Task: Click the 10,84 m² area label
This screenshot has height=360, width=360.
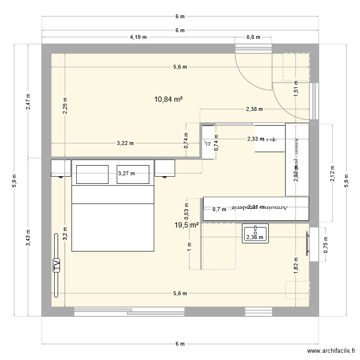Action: click(168, 99)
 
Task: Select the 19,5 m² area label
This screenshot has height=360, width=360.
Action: click(187, 225)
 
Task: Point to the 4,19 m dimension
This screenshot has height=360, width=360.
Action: click(138, 37)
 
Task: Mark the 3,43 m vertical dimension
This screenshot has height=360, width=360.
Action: click(28, 237)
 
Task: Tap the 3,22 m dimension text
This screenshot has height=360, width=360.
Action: click(125, 143)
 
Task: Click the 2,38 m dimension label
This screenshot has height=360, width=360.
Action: click(254, 109)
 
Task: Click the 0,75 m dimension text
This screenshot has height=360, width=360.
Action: click(326, 245)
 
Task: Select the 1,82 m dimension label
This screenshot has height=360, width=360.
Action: click(296, 264)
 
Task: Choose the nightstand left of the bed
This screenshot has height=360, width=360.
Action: click(60, 168)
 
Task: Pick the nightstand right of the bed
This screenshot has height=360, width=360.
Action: click(165, 168)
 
